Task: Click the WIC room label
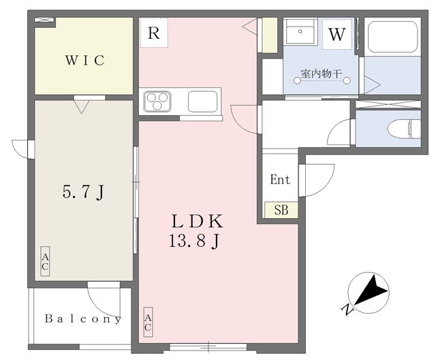tap(85, 61)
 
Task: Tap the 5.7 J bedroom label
tap(83, 192)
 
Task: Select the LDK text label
tap(197, 221)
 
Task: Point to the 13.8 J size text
tap(195, 241)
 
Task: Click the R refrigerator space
tap(153, 33)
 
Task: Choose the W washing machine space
tap(337, 34)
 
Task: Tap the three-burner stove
tap(157, 102)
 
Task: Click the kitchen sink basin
tap(202, 102)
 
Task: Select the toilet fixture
tap(404, 128)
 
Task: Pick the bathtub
tap(392, 36)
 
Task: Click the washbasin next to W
tap(300, 32)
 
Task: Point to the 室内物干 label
tap(321, 74)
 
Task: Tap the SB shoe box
tap(281, 210)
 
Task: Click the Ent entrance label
tap(280, 179)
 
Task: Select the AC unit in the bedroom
tap(45, 261)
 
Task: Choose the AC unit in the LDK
tap(148, 322)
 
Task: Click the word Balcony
tap(83, 319)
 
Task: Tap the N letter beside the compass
tap(347, 310)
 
